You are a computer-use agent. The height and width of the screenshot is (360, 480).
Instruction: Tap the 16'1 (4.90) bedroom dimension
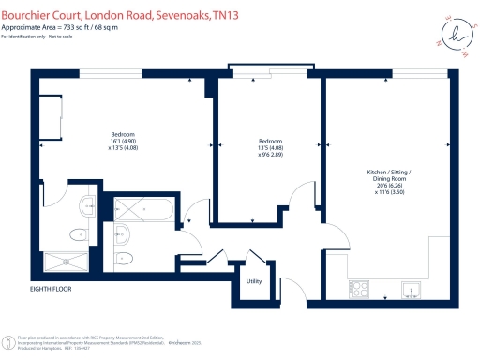(x=123, y=142)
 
